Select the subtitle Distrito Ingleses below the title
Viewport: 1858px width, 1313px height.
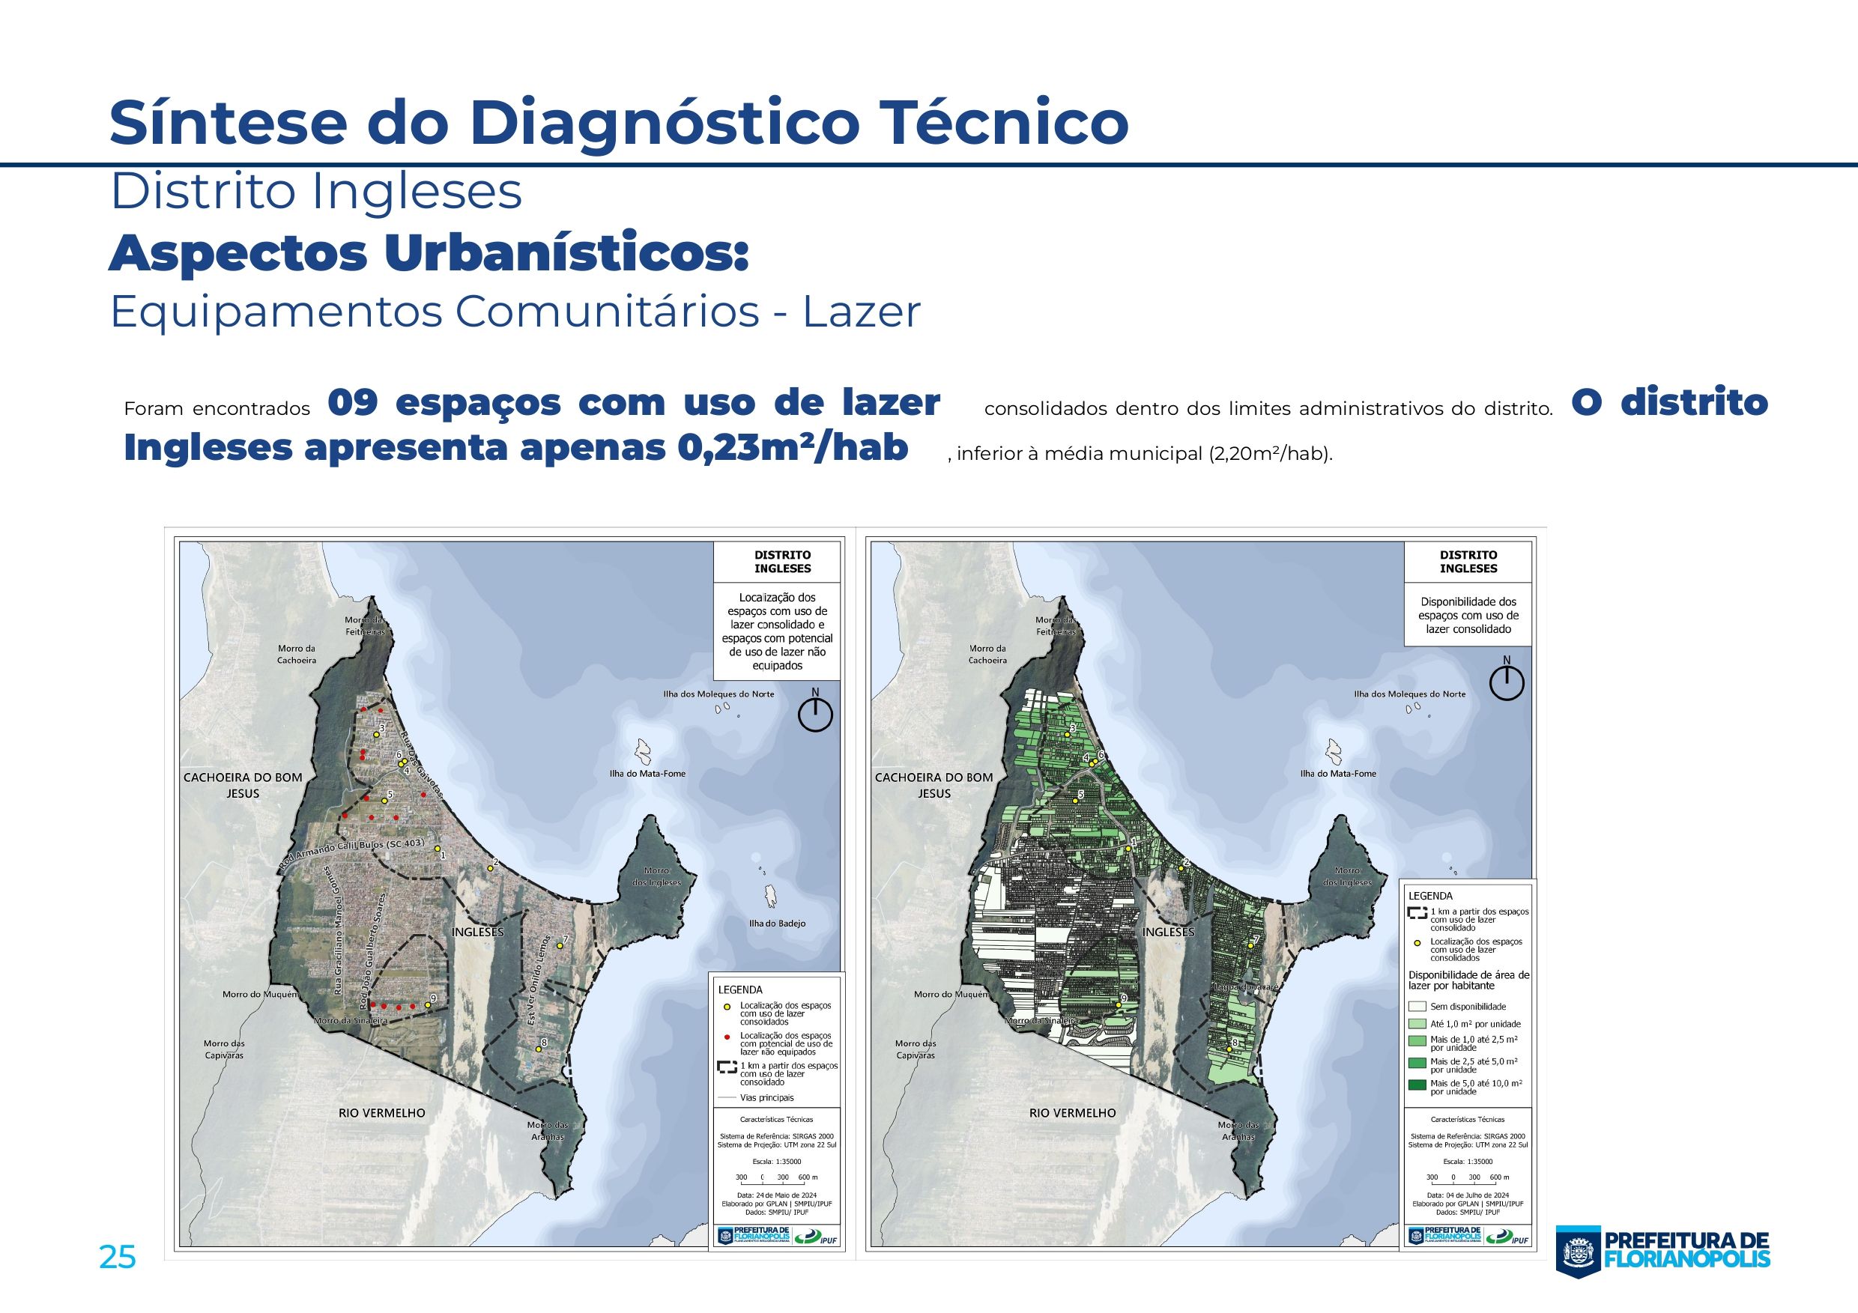pyautogui.click(x=315, y=192)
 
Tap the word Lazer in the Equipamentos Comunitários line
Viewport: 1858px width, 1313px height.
pyautogui.click(x=861, y=312)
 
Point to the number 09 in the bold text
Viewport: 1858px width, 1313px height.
pyautogui.click(x=353, y=403)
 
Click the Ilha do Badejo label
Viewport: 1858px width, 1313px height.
pyautogui.click(x=777, y=923)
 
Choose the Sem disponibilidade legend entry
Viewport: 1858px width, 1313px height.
pyautogui.click(x=1467, y=1007)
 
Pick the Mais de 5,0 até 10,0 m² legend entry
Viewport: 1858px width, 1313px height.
pyautogui.click(x=1473, y=1087)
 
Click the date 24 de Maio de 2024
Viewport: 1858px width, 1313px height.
pyautogui.click(x=777, y=1195)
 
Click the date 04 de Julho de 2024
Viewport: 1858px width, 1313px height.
pyautogui.click(x=1468, y=1195)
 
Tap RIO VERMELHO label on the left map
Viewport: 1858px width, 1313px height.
pyautogui.click(x=381, y=1113)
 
